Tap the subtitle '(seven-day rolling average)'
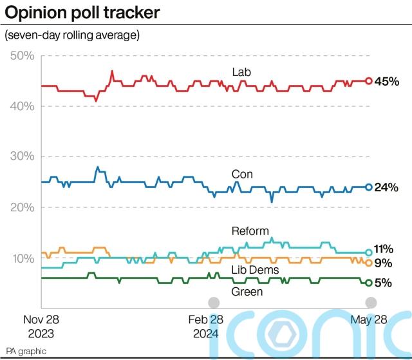[72, 35]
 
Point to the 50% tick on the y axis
[23, 56]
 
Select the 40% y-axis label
[23, 106]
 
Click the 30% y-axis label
[23, 157]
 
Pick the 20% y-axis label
[23, 207]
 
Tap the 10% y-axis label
[23, 258]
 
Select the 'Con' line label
[242, 175]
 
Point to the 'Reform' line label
[250, 231]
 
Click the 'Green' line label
[247, 292]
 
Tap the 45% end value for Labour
[388, 81]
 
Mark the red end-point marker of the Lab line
[369, 81]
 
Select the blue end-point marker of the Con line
[369, 187]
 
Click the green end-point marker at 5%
[369, 283]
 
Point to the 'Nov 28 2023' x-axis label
[42, 326]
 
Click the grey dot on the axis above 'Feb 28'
[213, 303]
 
